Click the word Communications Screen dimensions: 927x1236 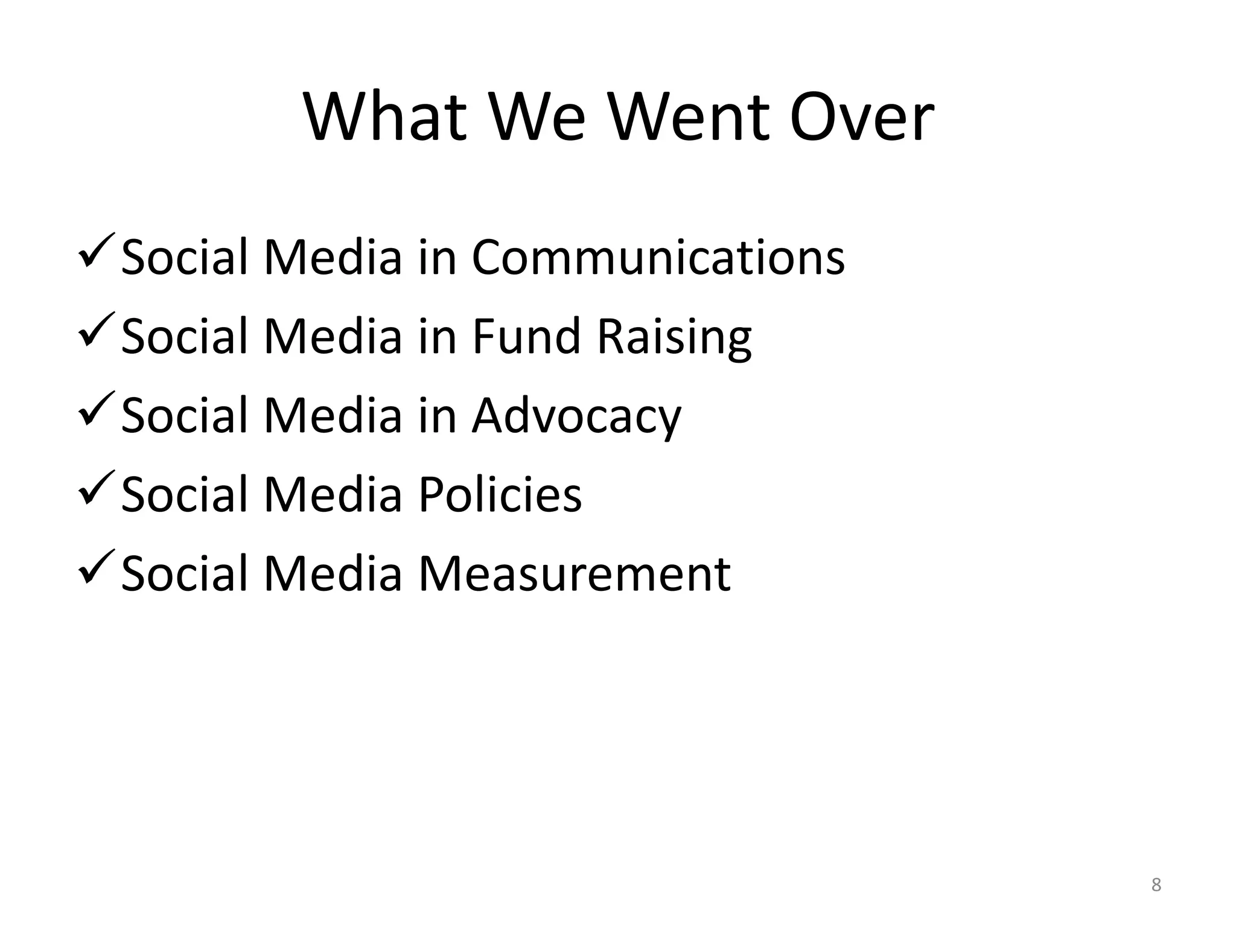[658, 257]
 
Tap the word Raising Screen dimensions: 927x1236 [674, 337]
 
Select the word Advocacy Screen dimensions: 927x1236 [576, 416]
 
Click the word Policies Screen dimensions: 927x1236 [500, 494]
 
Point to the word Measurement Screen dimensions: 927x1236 [574, 573]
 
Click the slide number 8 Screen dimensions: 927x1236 [1156, 885]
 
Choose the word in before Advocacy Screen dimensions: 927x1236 [437, 415]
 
